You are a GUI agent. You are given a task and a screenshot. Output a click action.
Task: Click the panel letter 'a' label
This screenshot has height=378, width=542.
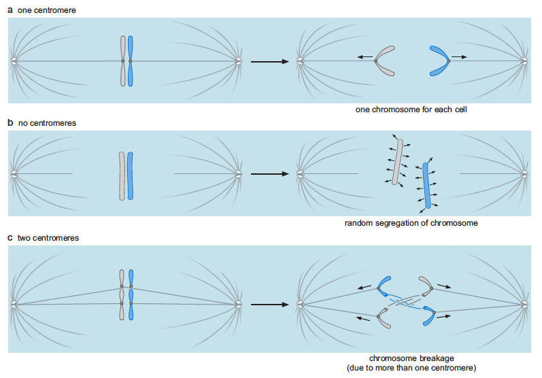coord(10,10)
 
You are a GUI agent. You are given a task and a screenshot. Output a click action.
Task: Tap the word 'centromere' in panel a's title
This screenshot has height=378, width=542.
coord(54,10)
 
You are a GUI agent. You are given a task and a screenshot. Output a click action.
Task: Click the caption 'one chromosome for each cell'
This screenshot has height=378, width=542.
coord(411,109)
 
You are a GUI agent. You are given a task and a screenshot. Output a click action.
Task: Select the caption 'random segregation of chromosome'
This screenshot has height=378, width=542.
coord(411,223)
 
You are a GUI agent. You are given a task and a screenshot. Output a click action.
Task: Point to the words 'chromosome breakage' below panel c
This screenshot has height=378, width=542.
coord(411,358)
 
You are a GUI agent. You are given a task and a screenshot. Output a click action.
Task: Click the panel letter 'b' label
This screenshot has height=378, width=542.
coord(10,122)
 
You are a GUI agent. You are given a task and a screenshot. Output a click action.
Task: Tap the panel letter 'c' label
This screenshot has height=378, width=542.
coord(10,238)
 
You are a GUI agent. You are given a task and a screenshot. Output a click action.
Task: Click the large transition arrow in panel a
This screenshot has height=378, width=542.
coord(269,61)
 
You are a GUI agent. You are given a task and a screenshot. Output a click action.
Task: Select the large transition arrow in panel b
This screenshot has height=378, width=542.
coord(269,174)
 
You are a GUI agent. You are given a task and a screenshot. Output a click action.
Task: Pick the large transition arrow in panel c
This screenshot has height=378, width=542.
coord(269,305)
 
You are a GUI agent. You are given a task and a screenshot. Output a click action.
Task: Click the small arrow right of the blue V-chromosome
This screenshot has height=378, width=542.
coord(459,57)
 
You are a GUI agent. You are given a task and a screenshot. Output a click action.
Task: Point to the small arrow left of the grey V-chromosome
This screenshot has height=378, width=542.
coord(365,56)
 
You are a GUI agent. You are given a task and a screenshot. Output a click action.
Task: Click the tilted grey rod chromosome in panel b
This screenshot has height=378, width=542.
coord(398,162)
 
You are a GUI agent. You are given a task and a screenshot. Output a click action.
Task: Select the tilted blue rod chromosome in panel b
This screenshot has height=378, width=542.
coord(426,186)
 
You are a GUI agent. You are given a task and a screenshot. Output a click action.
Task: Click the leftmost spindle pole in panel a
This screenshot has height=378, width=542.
coord(14,61)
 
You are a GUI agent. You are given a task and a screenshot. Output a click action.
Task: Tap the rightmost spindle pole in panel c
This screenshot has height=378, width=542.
coord(524,305)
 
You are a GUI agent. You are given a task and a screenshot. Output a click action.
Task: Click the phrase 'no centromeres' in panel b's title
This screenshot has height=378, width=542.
coord(48,123)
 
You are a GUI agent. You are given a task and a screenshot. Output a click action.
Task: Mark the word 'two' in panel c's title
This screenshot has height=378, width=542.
coord(24,238)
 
